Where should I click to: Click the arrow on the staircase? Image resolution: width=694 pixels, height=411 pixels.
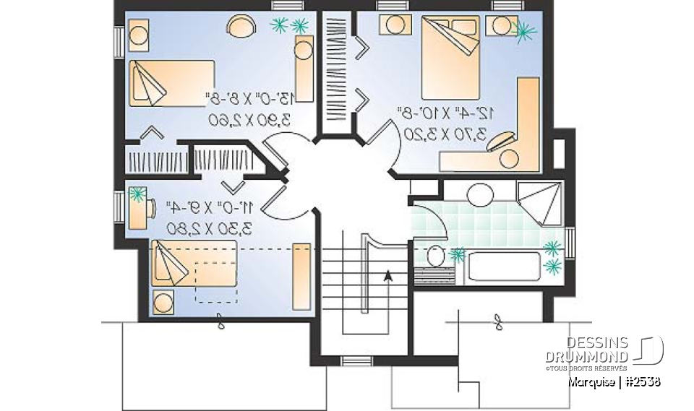[388, 274]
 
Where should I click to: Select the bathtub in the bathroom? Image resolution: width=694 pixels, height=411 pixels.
[504, 266]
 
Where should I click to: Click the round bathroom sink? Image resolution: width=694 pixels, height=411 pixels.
[479, 194]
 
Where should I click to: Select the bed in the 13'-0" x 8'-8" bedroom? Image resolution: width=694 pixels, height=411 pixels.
[171, 83]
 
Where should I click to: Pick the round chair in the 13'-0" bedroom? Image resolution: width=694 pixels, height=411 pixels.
[242, 27]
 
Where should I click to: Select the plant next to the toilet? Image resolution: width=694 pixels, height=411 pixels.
[457, 254]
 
